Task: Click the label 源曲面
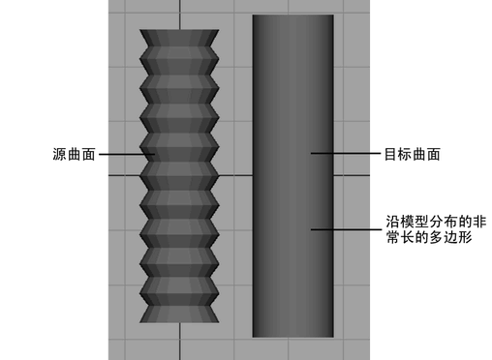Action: (74, 154)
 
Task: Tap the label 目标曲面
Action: (413, 154)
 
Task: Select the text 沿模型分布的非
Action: (436, 222)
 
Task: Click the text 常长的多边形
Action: (429, 237)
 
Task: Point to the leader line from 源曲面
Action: (127, 154)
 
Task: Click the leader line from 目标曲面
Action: (346, 153)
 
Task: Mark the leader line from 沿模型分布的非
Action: (346, 229)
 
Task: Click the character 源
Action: (59, 154)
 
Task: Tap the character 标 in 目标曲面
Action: (405, 154)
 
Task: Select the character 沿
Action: (393, 222)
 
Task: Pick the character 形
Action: (466, 237)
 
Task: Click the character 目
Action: (391, 154)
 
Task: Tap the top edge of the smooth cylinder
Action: (293, 15)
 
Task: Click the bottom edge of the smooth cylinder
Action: (293, 337)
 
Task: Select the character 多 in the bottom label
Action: (437, 237)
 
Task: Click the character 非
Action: (479, 222)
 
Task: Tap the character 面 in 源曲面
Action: (88, 154)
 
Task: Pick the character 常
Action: (393, 237)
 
